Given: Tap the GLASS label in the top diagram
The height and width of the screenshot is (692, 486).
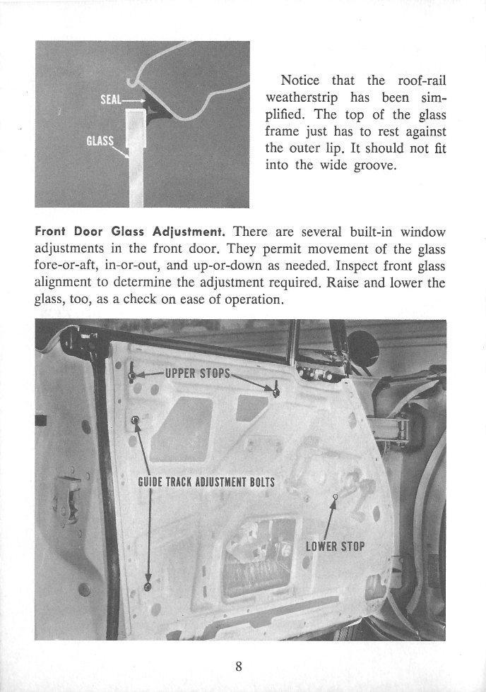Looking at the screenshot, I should pyautogui.click(x=100, y=141).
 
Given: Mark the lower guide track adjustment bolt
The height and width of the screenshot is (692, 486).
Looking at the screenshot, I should pyautogui.click(x=147, y=587).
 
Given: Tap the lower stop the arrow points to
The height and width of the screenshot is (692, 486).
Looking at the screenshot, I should pyautogui.click(x=336, y=497).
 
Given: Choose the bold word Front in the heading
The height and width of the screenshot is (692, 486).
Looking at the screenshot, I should pyautogui.click(x=52, y=232).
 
